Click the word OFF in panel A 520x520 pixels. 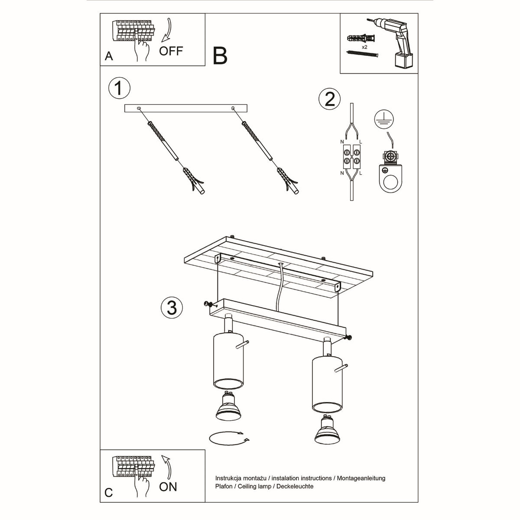click(171, 51)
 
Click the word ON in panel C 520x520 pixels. click(168, 487)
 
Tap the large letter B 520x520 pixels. click(220, 56)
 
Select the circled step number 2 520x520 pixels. click(329, 99)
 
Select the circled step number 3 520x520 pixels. click(172, 308)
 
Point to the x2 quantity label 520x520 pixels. click(364, 46)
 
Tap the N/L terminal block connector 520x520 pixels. click(351, 156)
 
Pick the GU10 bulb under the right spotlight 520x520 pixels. click(327, 431)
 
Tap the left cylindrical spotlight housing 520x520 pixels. click(228, 360)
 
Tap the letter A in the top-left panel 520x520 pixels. click(109, 56)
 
